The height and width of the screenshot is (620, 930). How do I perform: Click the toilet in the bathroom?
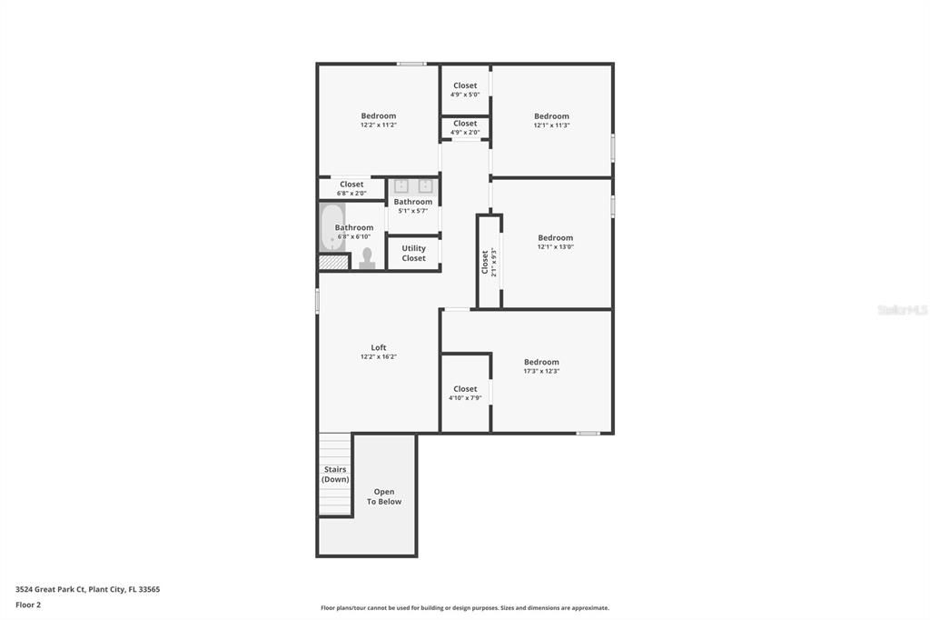367,259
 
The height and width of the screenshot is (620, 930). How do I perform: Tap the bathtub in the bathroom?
329,227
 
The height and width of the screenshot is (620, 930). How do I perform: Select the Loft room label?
378,347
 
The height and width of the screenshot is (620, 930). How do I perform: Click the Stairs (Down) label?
335,475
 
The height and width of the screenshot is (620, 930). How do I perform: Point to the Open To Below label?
383,496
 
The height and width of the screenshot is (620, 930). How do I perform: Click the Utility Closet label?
413,253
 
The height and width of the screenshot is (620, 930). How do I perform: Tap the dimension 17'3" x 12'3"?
541,371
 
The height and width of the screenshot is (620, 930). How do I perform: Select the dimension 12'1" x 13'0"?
555,246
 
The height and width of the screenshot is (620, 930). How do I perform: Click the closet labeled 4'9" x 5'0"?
465,89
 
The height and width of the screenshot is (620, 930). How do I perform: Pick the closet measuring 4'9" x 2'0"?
465,127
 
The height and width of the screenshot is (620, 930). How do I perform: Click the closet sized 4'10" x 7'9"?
465,393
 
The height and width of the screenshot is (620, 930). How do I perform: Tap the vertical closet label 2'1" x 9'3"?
489,262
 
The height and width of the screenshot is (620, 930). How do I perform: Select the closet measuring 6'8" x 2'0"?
351,188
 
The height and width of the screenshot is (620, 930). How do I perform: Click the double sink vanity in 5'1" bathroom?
413,186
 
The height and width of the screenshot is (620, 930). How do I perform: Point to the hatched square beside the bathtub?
333,262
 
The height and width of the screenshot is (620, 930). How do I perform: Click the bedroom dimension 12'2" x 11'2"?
378,125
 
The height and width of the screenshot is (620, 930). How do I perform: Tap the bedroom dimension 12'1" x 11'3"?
551,125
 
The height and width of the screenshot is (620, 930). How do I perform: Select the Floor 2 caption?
28,605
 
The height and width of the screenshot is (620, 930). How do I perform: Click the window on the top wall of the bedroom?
411,64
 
